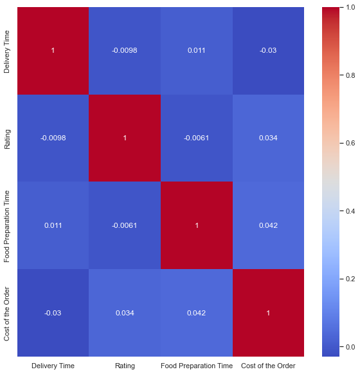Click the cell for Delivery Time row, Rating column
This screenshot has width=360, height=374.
tap(125, 50)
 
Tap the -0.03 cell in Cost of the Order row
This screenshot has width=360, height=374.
tap(53, 313)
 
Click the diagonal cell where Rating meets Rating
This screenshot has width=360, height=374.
tap(125, 138)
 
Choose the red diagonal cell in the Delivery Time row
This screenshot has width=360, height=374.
tap(53, 50)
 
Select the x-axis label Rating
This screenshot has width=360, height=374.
tap(125, 366)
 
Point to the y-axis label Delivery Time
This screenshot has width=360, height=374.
tap(8, 50)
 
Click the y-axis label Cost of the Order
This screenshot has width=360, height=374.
tap(8, 313)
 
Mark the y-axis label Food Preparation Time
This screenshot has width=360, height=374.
tap(8, 225)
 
